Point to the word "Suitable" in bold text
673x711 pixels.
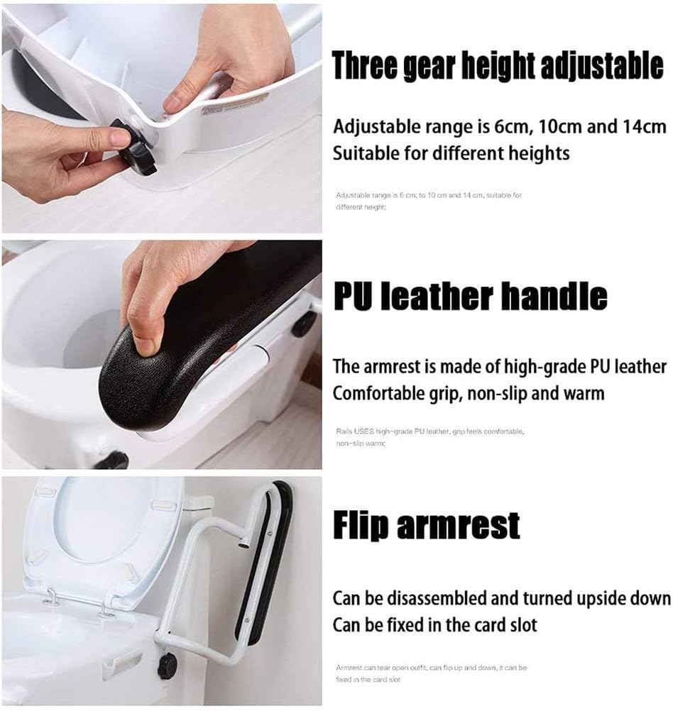coord(364,153)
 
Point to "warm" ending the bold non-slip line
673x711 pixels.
coord(583,392)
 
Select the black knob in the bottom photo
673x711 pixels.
coord(168,666)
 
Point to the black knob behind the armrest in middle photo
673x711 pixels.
coord(304,324)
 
